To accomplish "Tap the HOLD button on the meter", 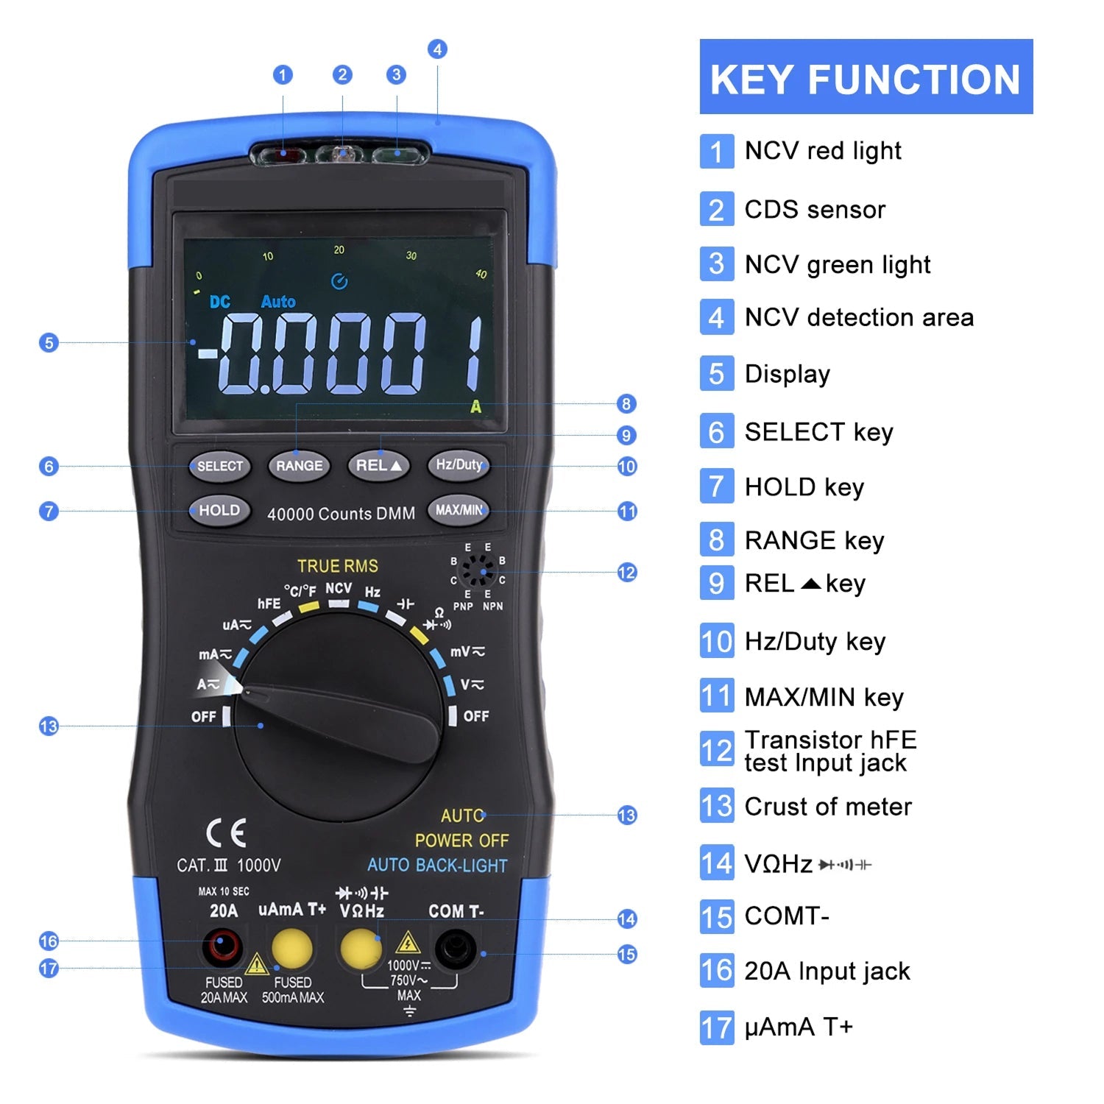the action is pyautogui.click(x=219, y=510).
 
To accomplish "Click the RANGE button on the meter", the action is pyautogui.click(x=299, y=466).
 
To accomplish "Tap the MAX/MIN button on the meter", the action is pyautogui.click(x=459, y=510).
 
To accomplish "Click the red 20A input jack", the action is pyautogui.click(x=222, y=948).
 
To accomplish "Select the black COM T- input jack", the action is pyautogui.click(x=456, y=949).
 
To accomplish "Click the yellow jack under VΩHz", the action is pyautogui.click(x=361, y=948).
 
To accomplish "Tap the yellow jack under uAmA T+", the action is pyautogui.click(x=292, y=948).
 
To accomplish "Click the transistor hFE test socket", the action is pyautogui.click(x=478, y=571).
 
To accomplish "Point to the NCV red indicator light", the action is pyautogui.click(x=284, y=155).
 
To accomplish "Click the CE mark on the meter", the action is pyautogui.click(x=226, y=833).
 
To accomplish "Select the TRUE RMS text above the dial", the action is pyautogui.click(x=338, y=566).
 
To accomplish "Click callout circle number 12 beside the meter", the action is pyautogui.click(x=627, y=573).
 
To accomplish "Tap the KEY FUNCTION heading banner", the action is pyautogui.click(x=866, y=77).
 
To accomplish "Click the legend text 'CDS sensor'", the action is pyautogui.click(x=815, y=210).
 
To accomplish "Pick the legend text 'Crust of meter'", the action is pyautogui.click(x=828, y=807).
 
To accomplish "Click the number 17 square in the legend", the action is pyautogui.click(x=717, y=1027).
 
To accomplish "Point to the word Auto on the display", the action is pyautogui.click(x=278, y=302).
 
